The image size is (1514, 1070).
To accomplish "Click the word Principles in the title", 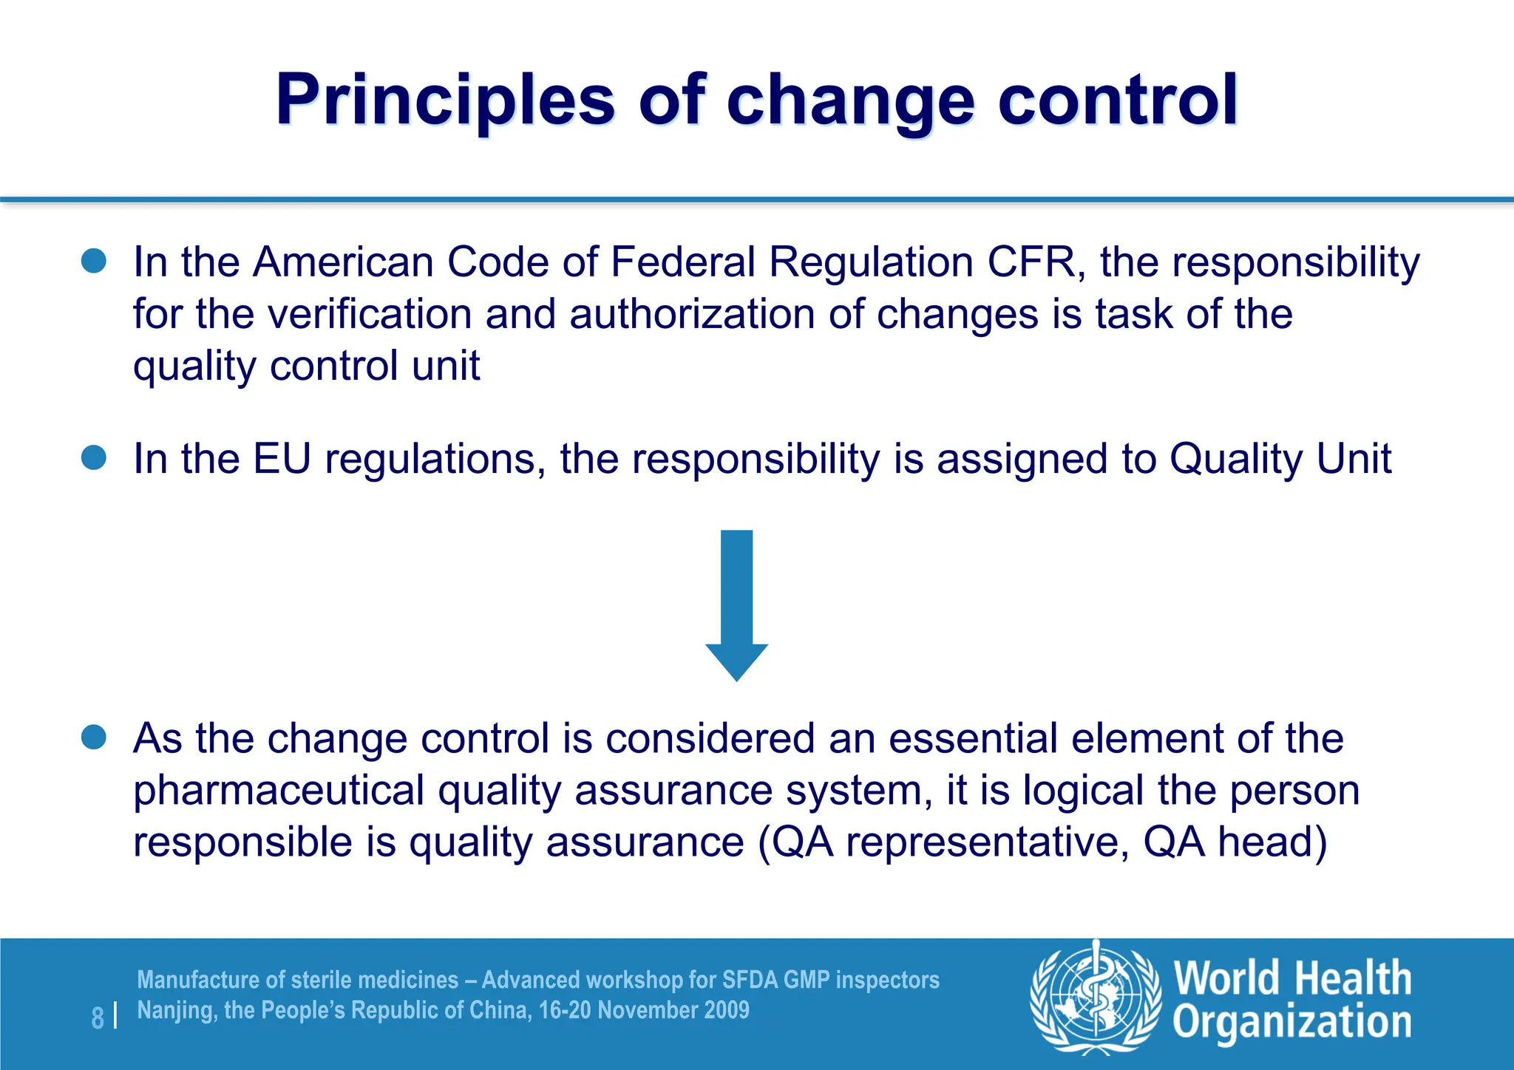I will (445, 100).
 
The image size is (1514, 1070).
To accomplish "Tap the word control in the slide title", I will (1118, 100).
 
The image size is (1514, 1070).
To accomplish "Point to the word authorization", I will (692, 314).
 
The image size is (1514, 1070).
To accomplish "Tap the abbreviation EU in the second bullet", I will (282, 459).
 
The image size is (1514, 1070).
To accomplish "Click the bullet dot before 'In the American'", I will (94, 261).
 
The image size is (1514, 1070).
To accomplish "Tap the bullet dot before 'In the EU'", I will (94, 457).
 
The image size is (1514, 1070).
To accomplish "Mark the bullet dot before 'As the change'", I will (94, 737).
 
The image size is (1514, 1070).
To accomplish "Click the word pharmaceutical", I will (278, 791).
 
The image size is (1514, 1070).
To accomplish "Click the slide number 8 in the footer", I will (98, 1018).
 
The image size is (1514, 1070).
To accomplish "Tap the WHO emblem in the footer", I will (1096, 997).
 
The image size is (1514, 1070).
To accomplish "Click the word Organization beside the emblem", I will (1292, 1023).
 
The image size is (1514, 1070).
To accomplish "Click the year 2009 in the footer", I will (727, 1010).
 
